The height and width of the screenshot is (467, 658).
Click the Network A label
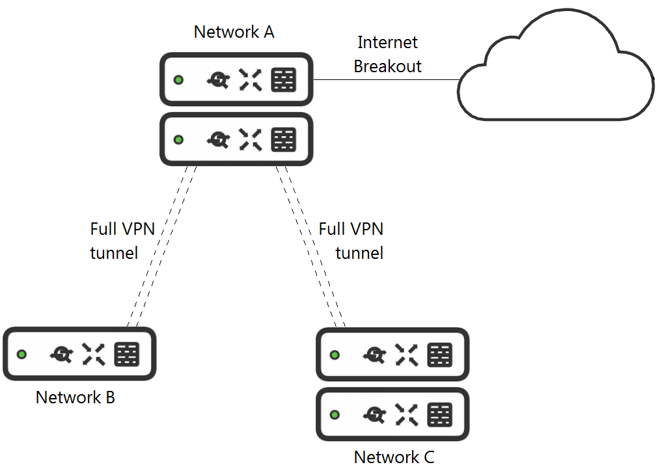point(234,32)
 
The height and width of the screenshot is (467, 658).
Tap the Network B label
point(75,397)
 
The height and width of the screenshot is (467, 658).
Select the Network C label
point(394,457)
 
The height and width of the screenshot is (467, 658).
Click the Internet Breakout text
point(388,55)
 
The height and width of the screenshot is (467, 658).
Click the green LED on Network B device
point(22,354)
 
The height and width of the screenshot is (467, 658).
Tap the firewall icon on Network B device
point(127,354)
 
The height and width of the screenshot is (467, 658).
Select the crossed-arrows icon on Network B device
point(94,354)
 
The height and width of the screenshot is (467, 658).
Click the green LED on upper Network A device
point(178,80)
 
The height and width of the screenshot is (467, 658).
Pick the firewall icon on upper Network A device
point(284,80)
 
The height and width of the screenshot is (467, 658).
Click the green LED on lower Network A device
point(178,140)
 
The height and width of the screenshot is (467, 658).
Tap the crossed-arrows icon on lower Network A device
point(251,140)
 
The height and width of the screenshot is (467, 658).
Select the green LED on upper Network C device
point(335,355)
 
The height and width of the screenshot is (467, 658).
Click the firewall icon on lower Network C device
point(440,414)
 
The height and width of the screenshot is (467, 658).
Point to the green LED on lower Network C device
point(335,414)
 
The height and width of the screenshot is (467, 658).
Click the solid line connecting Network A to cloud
point(387,80)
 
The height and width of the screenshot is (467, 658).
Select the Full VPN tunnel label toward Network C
point(351,241)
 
